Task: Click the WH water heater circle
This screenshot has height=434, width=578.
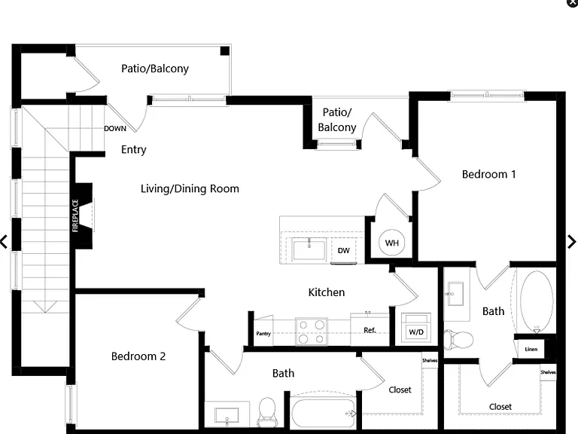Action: tap(392, 243)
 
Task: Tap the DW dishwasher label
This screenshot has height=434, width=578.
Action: tap(343, 251)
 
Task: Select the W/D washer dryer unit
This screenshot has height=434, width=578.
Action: tap(416, 328)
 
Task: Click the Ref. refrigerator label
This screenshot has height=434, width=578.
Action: tap(370, 330)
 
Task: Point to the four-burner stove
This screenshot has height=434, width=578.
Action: tap(312, 332)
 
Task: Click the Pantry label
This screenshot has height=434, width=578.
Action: tap(263, 334)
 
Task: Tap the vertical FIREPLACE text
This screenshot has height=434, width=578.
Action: tap(75, 215)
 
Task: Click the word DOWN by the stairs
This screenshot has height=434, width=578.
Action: tap(115, 128)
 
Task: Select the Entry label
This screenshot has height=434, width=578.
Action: tap(134, 149)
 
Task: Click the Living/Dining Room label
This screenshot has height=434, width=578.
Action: tap(190, 188)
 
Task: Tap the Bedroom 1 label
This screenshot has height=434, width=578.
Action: tap(488, 174)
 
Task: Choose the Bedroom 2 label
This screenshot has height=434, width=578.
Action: tap(138, 356)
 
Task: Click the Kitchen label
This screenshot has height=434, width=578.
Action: tap(327, 292)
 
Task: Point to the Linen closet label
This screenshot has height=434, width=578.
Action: tap(531, 349)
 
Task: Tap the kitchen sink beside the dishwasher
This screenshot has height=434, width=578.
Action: tap(309, 249)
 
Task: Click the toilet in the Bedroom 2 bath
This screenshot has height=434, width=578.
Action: tap(266, 411)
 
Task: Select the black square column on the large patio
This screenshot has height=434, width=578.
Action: tap(225, 51)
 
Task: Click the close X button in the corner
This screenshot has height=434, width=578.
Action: tap(573, 2)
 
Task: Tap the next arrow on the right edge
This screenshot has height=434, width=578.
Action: tap(571, 242)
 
